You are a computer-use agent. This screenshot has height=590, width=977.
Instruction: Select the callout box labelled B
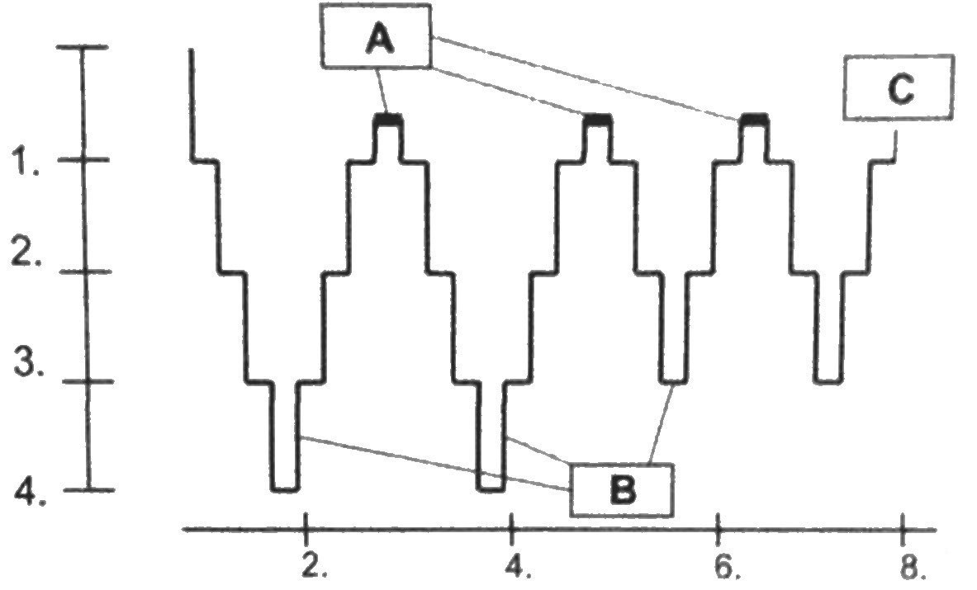[621, 490]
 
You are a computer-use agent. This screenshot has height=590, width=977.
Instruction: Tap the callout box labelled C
[898, 88]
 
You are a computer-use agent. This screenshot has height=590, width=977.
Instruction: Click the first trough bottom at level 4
[285, 489]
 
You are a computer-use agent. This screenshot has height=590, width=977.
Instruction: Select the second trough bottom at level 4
[492, 489]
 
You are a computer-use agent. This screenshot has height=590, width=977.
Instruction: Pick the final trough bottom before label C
[828, 380]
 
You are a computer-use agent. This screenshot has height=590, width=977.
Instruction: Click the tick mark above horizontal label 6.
[719, 526]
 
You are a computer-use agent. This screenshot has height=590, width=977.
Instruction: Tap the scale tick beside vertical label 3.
[88, 381]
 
